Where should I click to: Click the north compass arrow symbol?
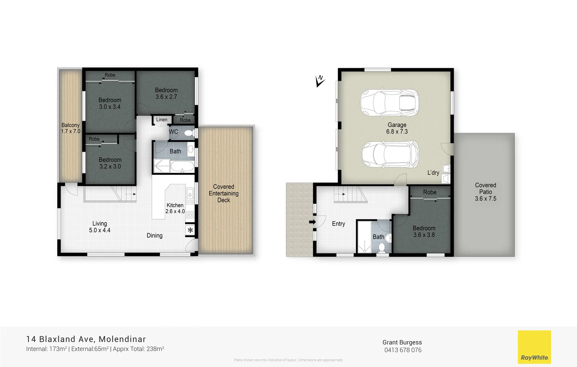[320, 81]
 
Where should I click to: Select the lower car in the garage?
[390, 154]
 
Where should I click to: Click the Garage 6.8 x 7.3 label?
[397, 128]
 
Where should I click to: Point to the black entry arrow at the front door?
[312, 222]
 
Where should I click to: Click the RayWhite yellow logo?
[534, 346]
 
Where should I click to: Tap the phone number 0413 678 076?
[402, 350]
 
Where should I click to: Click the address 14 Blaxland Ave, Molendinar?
[86, 339]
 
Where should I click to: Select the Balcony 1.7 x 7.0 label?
[70, 128]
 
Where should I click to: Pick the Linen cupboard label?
[162, 120]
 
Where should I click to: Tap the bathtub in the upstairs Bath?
[182, 167]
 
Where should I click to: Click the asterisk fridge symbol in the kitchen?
[190, 230]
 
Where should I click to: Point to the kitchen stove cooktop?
[190, 215]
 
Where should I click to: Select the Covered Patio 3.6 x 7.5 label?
[485, 192]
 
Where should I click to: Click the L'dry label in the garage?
[433, 173]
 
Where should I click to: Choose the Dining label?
[154, 235]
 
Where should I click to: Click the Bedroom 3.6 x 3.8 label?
[424, 231]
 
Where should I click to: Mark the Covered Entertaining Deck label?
[224, 193]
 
